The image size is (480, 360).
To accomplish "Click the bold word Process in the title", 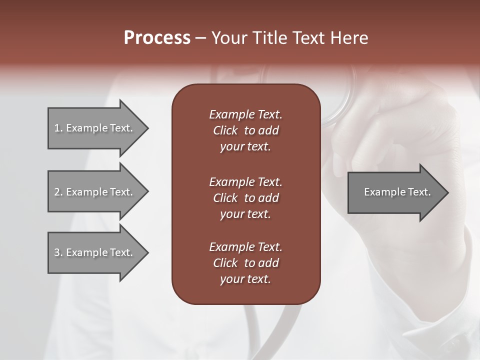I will coord(157,38).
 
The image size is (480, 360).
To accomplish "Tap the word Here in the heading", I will coord(348,38).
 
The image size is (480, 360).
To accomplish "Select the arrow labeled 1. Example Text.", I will coord(95,128).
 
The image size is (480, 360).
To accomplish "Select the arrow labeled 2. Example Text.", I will coord(95,192).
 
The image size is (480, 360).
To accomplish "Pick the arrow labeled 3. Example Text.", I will coord(95,252).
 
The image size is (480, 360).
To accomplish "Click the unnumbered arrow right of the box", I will coord(395,192).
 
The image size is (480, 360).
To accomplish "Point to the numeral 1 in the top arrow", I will coord(57,128).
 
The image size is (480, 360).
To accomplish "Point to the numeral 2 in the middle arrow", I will coord(57,192).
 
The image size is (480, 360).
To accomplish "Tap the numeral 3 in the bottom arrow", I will coord(57,252).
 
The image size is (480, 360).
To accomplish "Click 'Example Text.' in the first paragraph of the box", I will coord(245,114).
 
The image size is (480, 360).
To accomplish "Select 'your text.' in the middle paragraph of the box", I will coord(245,214).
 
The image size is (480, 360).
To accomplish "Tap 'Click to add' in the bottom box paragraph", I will coord(245,263).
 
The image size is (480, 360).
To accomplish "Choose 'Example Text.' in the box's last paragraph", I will coord(245,247).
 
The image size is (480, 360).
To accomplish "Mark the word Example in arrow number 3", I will coord(87,252).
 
